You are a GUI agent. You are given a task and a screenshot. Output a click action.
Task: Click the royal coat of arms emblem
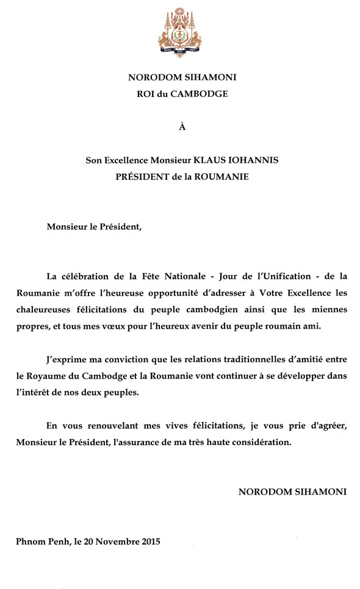179,35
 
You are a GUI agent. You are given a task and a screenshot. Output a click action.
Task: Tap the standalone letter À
181,127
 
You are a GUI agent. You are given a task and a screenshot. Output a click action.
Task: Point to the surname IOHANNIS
256,161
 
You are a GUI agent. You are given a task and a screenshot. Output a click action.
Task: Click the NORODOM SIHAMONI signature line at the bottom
292,491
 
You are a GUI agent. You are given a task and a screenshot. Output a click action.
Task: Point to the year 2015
149,541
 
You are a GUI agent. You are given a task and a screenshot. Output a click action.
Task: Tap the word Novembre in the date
113,541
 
